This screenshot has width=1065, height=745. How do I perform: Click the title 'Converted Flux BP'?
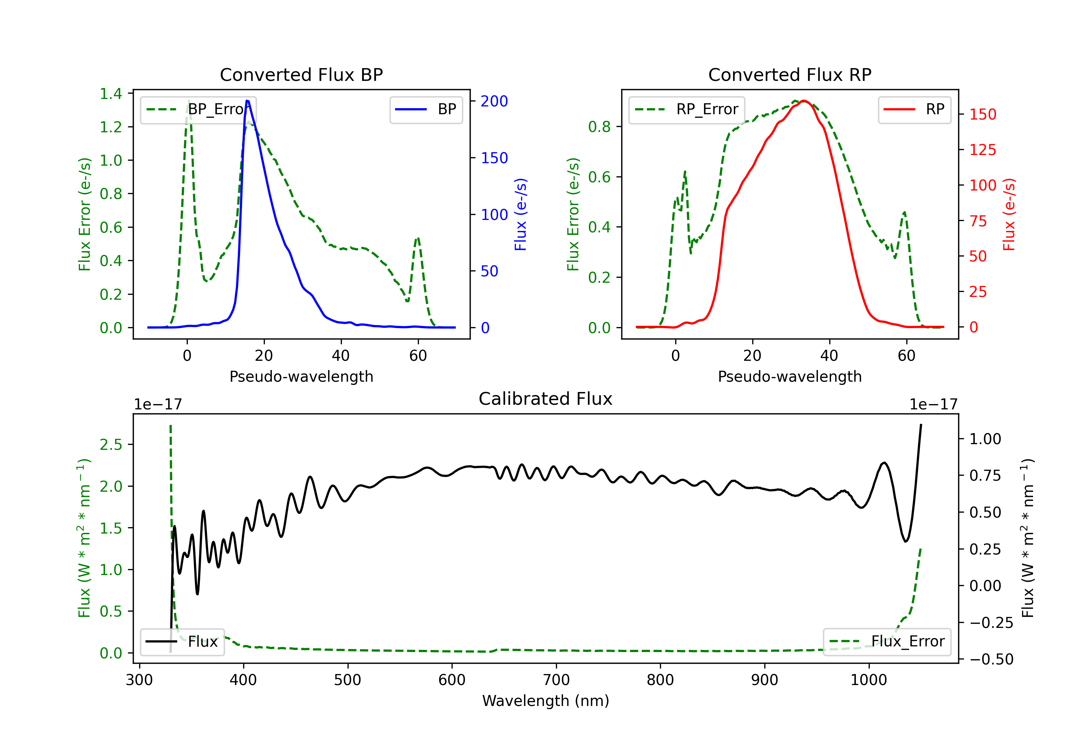pyautogui.click(x=301, y=74)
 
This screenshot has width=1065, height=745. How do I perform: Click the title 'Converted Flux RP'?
pyautogui.click(x=790, y=74)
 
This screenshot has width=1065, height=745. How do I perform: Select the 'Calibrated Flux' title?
pyautogui.click(x=546, y=399)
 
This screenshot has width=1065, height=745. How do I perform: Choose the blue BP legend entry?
pyautogui.click(x=426, y=109)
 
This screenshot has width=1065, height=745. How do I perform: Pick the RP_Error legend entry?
pyautogui.click(x=687, y=109)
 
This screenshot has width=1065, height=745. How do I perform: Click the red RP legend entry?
pyautogui.click(x=914, y=109)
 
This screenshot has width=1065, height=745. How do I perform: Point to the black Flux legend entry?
pyautogui.click(x=181, y=642)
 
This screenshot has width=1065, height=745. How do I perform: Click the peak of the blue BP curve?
pyautogui.click(x=247, y=101)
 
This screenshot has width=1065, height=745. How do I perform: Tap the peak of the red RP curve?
pyautogui.click(x=804, y=101)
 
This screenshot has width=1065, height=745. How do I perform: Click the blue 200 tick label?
pyautogui.click(x=494, y=101)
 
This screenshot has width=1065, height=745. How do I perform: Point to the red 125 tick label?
pyautogui.click(x=982, y=150)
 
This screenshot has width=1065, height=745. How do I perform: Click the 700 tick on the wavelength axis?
pyautogui.click(x=556, y=680)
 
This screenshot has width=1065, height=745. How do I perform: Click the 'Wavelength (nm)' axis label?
pyautogui.click(x=546, y=701)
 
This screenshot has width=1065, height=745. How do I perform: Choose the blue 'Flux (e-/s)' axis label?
pyautogui.click(x=520, y=215)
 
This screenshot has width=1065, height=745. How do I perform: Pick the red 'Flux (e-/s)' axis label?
pyautogui.click(x=1009, y=215)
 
